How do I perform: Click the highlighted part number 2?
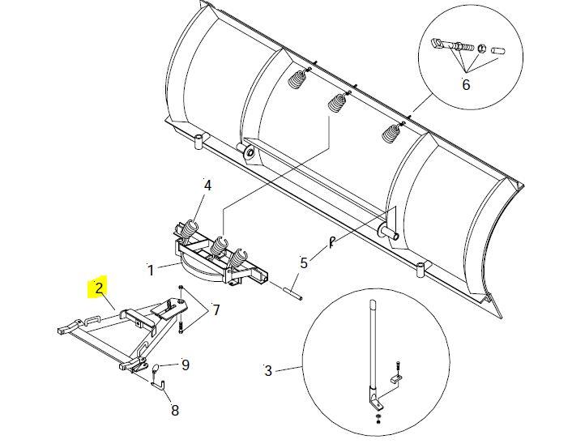point(98,288)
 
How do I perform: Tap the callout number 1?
point(150,268)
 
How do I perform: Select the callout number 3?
point(268,372)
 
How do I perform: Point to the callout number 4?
point(207,186)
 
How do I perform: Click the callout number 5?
point(304,262)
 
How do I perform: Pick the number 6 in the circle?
point(466,84)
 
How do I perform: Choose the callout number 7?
point(216,309)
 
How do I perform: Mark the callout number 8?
point(175,410)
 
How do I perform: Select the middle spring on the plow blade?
point(337,103)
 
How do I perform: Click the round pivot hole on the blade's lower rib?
point(248,151)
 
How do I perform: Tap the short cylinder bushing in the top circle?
point(497,51)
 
